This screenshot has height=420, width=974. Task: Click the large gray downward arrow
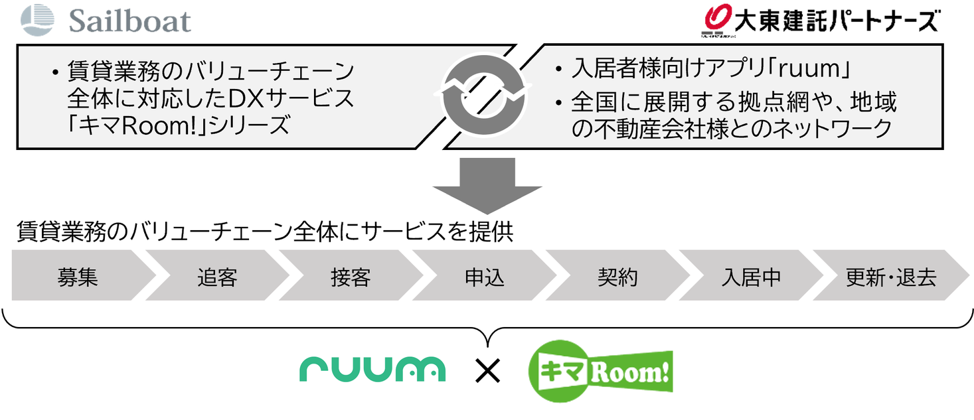pyautogui.click(x=487, y=186)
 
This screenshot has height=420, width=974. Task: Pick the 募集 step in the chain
pyautogui.click(x=78, y=276)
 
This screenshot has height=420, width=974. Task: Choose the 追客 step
pyautogui.click(x=217, y=276)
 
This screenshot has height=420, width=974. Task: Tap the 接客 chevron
pyautogui.click(x=351, y=276)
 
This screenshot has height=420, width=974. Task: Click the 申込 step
pyautogui.click(x=485, y=276)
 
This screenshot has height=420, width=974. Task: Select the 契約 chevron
pyautogui.click(x=617, y=276)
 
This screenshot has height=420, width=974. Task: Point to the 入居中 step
pyautogui.click(x=751, y=276)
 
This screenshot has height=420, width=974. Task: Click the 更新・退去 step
pyautogui.click(x=890, y=276)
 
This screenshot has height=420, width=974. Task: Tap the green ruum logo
pyautogui.click(x=372, y=369)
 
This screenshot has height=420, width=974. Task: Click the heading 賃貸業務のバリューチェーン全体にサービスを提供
pyautogui.click(x=265, y=233)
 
